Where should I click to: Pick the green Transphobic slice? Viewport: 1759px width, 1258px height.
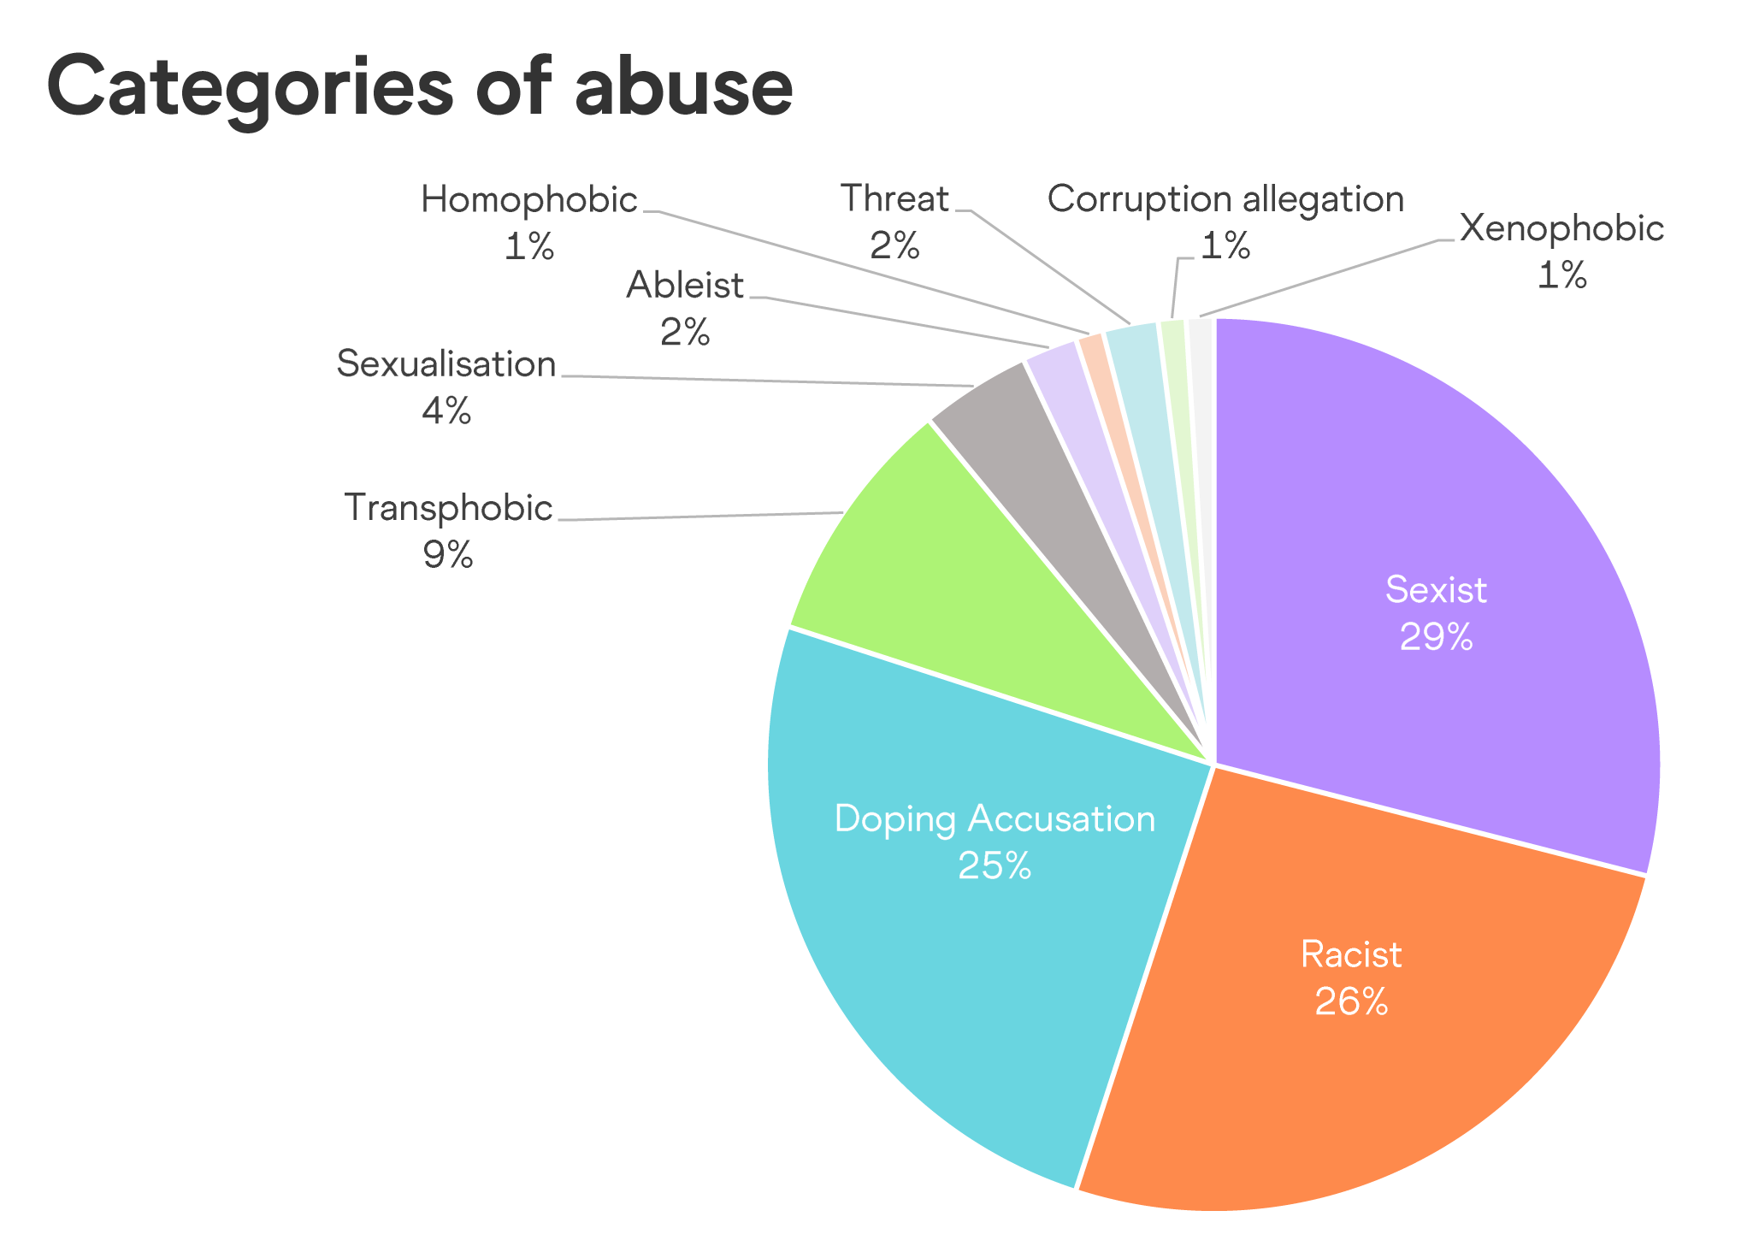coord(924,582)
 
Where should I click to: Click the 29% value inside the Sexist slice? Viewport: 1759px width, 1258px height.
coord(1436,637)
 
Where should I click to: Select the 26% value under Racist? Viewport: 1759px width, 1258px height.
coord(1351,1001)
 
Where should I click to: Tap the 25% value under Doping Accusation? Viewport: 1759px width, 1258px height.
coord(995,866)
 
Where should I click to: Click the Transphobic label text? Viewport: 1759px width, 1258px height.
coord(448,508)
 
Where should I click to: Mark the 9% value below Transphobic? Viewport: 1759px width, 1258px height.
coord(447,556)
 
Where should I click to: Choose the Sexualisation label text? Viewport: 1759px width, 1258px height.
coord(446,364)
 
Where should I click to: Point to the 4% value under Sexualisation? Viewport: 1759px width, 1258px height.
coord(446,412)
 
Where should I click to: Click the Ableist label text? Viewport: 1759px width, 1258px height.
coord(685,286)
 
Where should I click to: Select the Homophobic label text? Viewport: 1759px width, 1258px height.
coord(529,200)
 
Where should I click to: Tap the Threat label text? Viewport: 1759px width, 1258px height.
coord(894,199)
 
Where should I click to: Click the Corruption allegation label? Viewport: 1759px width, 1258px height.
coord(1225,199)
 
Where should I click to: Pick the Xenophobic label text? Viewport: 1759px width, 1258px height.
coord(1561,228)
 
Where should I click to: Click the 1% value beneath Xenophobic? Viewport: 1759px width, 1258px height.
coord(1561,276)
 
